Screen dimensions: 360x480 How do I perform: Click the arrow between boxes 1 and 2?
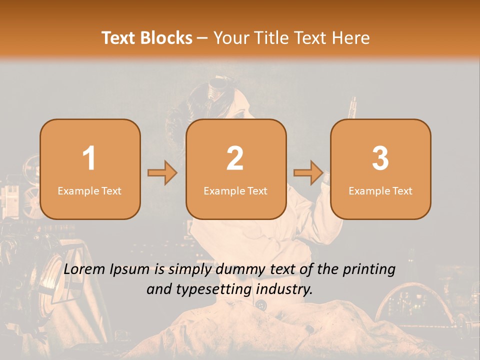tap(162, 173)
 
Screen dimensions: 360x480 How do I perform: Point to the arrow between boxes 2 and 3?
tap(308, 173)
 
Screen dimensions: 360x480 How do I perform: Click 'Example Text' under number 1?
tap(89, 191)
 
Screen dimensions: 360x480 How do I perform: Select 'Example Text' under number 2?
tap(235, 191)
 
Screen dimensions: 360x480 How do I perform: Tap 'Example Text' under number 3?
tap(380, 191)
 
